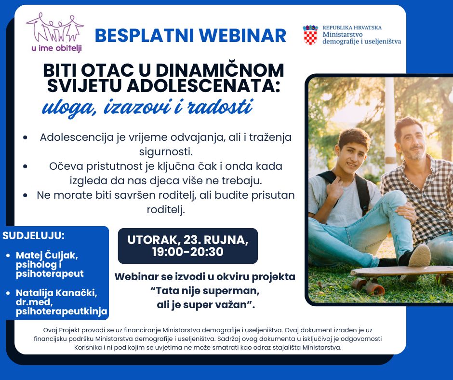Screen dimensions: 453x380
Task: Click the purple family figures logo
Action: click(55, 27)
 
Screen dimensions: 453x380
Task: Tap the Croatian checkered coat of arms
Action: click(310, 35)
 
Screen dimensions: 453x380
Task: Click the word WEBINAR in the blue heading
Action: click(243, 36)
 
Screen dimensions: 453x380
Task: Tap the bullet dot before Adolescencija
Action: click(26, 137)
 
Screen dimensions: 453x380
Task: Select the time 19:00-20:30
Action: click(188, 252)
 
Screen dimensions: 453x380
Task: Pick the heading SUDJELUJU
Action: click(34, 235)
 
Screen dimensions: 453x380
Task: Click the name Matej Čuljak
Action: click(47, 255)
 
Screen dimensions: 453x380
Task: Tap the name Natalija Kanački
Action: click(57, 293)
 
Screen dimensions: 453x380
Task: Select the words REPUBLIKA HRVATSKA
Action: click(352, 28)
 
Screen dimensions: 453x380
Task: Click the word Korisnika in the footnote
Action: click(88, 347)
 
